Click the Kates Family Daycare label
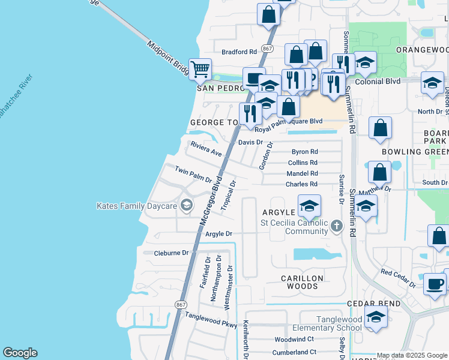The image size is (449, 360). point(137,206)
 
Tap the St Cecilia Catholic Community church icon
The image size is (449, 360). point(337,226)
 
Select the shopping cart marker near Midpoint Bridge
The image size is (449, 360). point(199,68)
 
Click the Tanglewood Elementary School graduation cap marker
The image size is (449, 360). point(376,319)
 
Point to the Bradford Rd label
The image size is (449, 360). point(239,52)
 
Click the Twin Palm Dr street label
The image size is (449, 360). point(193,175)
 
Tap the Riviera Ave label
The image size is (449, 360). point(206,149)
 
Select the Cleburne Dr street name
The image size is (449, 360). point(171,253)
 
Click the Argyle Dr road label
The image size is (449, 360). point(218,233)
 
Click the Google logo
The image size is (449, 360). point(20,353)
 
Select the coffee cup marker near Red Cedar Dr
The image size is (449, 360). point(435,284)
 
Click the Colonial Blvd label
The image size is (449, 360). point(377,81)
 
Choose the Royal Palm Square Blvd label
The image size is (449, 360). point(288,121)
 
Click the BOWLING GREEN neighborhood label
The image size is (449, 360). point(414,152)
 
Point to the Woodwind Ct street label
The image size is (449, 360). point(294,339)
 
